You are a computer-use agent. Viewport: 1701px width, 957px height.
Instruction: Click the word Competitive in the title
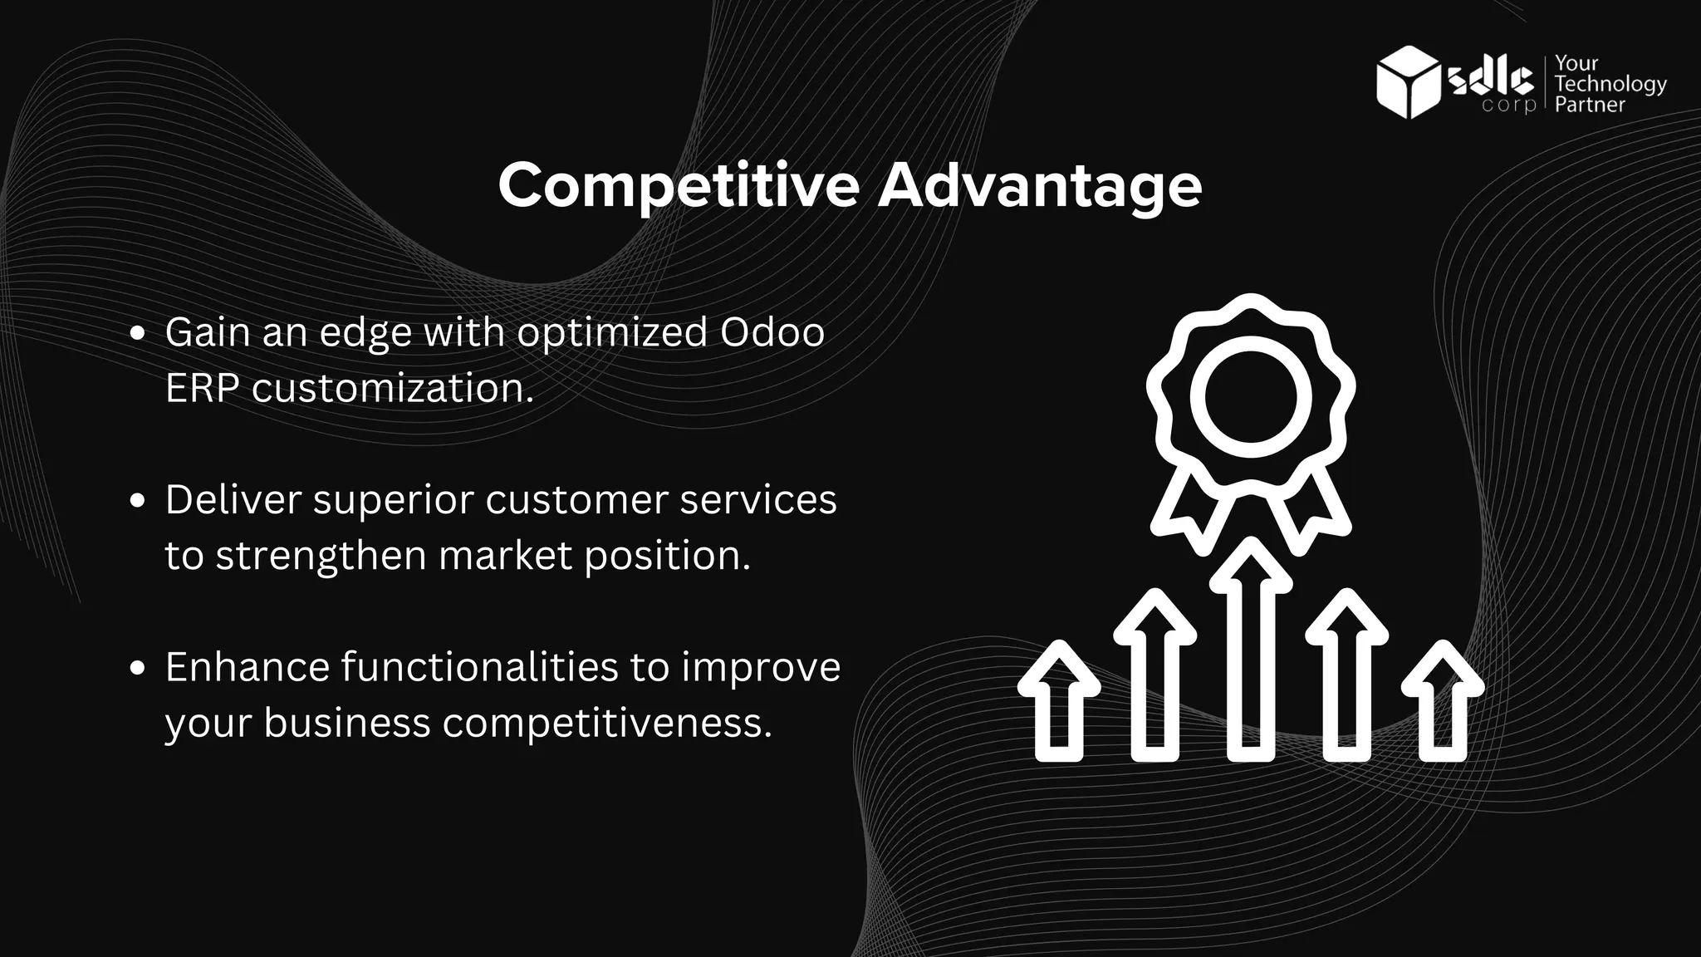tap(678, 186)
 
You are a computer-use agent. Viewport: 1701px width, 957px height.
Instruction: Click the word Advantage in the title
tap(1040, 186)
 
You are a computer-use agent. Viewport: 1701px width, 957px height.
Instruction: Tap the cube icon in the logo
tap(1409, 81)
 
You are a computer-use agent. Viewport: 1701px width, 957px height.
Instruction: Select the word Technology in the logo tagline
tap(1610, 84)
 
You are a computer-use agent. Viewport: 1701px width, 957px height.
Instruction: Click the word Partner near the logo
tap(1590, 105)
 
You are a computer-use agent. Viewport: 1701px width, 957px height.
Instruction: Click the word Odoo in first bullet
tap(772, 332)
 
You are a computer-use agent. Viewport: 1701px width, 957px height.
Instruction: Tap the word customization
tap(392, 388)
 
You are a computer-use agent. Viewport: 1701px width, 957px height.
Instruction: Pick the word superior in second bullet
tap(393, 500)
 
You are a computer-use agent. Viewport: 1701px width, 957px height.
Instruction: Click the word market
tap(505, 555)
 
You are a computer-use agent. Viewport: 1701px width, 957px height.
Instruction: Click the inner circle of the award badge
tap(1250, 396)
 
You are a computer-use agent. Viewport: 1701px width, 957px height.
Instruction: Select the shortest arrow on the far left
tap(1059, 702)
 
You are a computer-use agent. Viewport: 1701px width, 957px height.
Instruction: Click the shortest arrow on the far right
tap(1442, 702)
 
